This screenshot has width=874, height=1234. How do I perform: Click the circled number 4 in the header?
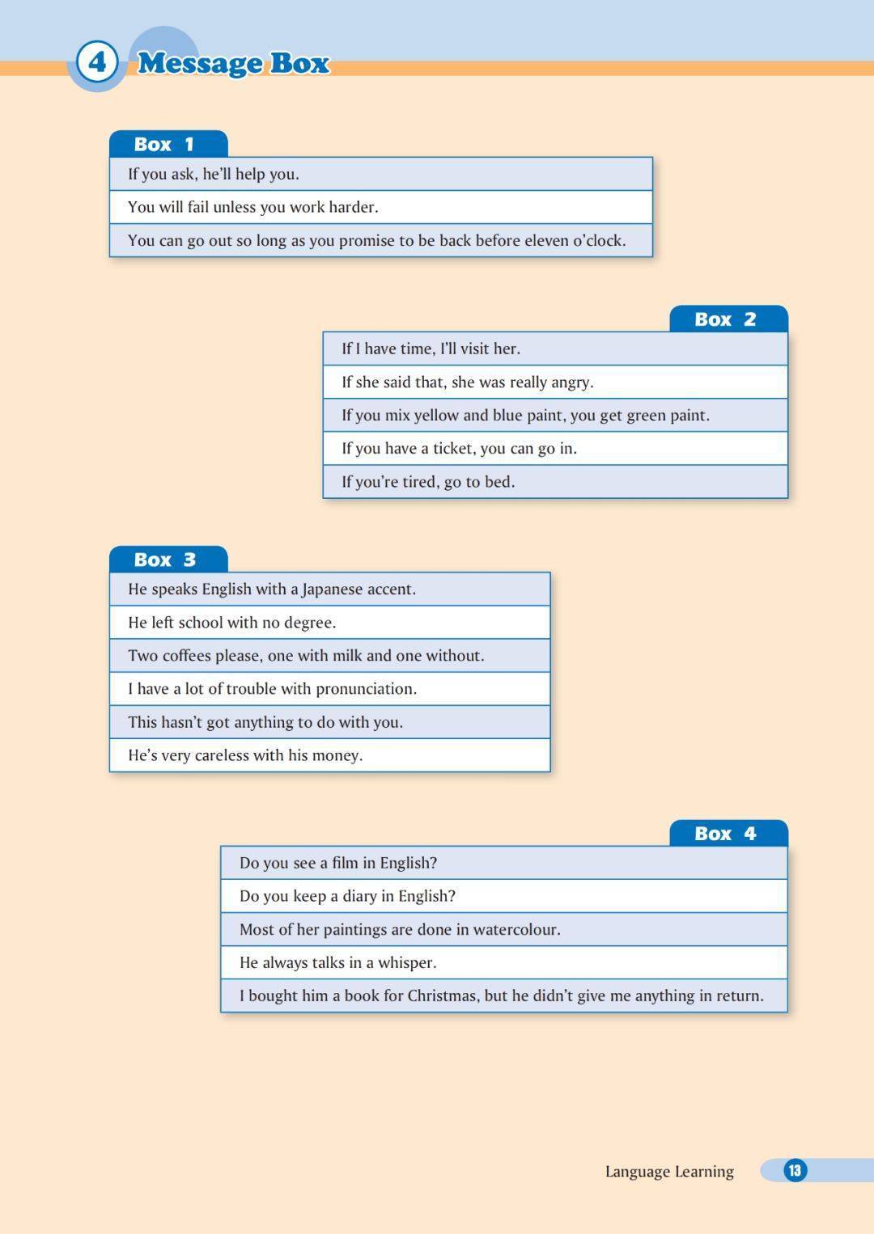point(97,62)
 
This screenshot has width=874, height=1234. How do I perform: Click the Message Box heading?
point(233,63)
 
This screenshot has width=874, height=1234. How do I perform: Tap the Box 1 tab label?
point(164,144)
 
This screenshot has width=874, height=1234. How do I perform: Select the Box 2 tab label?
point(725,319)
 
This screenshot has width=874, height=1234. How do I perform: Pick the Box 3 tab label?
point(164,560)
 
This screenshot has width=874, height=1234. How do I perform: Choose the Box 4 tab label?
point(725,834)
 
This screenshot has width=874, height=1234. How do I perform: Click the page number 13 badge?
point(795,1170)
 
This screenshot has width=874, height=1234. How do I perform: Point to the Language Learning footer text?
point(669,1171)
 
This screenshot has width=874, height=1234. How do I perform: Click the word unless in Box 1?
point(235,207)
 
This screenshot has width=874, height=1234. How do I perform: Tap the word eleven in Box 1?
point(546,240)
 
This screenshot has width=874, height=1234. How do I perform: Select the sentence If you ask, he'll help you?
point(214,174)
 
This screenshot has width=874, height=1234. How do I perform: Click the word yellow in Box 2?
point(436,415)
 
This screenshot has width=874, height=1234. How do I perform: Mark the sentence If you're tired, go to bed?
point(428,482)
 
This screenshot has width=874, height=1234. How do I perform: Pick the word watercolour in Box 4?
point(516,929)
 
